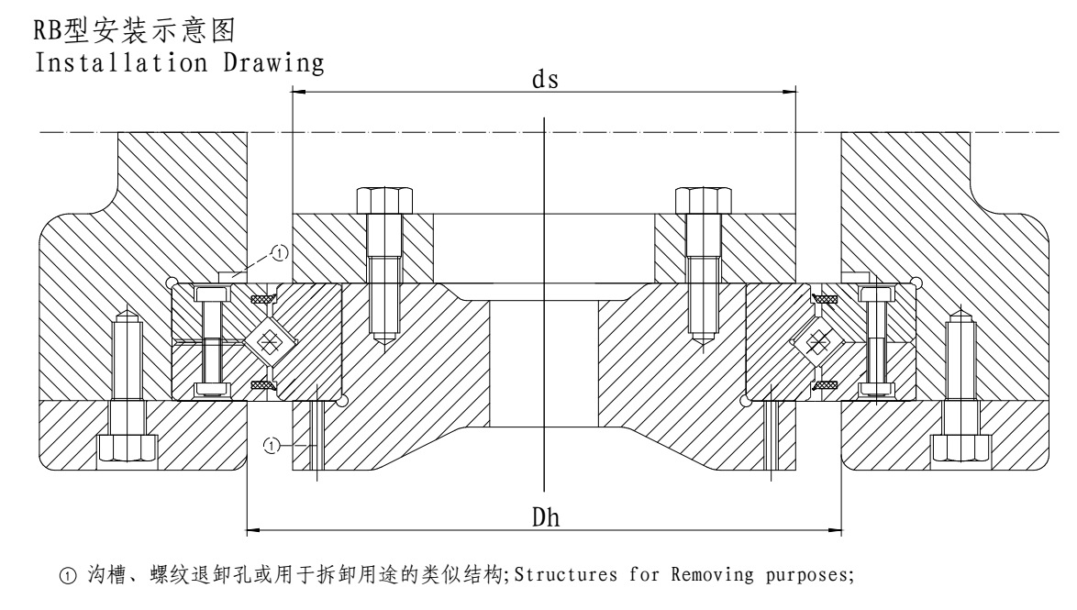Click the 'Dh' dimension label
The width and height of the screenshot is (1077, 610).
point(545,517)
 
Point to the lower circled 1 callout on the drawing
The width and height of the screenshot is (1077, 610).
point(272,446)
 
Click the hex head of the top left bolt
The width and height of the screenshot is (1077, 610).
point(382,199)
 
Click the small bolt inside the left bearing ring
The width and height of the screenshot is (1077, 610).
point(210,341)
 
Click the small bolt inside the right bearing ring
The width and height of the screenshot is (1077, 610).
point(876,341)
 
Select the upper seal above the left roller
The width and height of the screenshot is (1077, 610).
point(264,298)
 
